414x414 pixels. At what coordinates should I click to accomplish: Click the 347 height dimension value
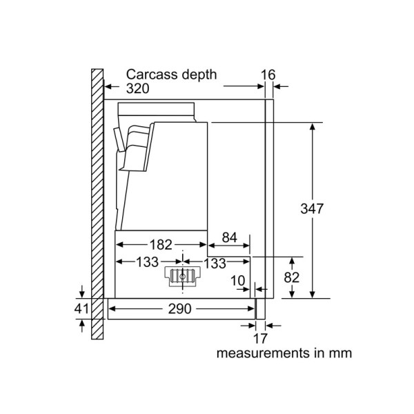pos(312,208)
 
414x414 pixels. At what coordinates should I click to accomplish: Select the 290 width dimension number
pos(179,308)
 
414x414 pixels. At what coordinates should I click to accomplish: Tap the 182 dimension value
pos(161,245)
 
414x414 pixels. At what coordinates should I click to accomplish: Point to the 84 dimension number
pos(229,237)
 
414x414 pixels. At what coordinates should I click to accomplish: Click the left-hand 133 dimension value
pos(147,262)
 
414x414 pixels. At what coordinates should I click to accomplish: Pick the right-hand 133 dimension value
pos(215,264)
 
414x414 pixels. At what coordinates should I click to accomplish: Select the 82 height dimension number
pos(292,277)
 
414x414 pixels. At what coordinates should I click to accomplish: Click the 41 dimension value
pos(81,308)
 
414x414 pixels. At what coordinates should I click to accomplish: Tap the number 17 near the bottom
pos(260,339)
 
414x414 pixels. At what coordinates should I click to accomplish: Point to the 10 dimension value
pos(237,280)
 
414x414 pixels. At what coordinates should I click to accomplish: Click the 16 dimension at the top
pos(268,75)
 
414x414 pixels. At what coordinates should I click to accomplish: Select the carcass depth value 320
pos(137,88)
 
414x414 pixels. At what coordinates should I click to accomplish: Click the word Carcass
pos(152,75)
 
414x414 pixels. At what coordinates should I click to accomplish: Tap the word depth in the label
pos(199,75)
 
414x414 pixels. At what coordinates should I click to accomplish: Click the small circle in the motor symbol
pos(182,277)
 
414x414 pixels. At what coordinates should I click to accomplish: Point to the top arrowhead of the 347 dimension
pos(313,127)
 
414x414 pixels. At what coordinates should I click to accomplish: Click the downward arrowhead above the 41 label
pos(82,294)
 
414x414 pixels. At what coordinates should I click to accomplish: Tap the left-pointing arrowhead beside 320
pos(108,86)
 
